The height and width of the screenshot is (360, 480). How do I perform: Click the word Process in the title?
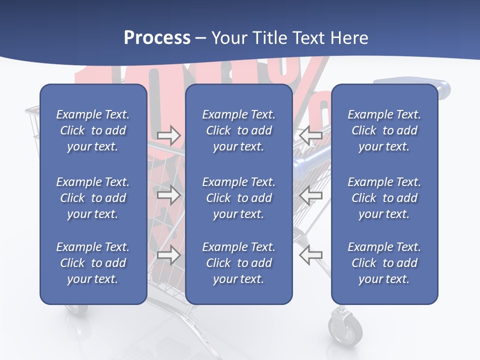tap(157, 38)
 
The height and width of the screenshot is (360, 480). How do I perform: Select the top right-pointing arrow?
tap(168, 135)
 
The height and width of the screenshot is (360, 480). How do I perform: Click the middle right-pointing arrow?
tap(168, 194)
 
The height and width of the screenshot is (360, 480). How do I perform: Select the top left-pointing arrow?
tap(310, 135)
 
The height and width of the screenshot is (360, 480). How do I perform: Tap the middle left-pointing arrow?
tap(310, 194)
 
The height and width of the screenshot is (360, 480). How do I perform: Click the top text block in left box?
tap(93, 130)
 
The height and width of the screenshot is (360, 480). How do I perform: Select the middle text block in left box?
tap(93, 198)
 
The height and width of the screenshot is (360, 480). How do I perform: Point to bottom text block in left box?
tap(93, 263)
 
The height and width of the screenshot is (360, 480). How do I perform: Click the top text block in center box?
tap(238, 130)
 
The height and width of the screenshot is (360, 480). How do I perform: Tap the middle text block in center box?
tap(238, 198)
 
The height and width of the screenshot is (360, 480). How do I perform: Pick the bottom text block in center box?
tap(238, 263)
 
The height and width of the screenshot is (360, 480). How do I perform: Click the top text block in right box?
tap(384, 130)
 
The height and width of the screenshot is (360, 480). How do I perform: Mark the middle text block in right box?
tap(384, 198)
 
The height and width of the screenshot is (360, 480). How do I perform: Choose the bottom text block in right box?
tap(384, 263)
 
